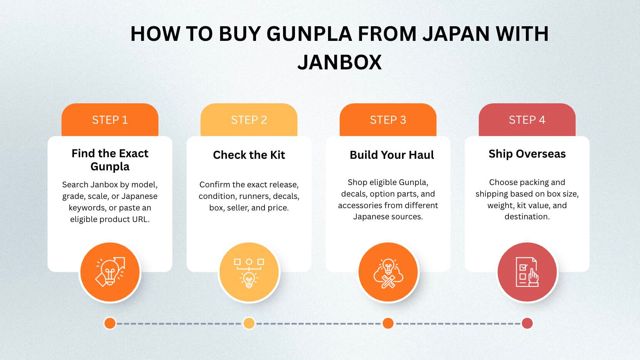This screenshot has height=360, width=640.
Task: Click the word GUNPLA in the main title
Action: (309, 34)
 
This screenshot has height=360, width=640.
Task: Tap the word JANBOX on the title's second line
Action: (339, 62)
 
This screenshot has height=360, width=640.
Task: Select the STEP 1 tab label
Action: (110, 120)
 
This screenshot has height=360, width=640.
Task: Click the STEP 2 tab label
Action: (249, 120)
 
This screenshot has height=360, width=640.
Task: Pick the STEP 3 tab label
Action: (388, 120)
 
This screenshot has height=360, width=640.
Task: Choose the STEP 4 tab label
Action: (527, 120)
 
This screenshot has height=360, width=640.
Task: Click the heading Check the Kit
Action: (249, 155)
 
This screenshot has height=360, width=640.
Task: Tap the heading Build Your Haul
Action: (392, 155)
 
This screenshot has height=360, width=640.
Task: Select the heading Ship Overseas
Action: (527, 154)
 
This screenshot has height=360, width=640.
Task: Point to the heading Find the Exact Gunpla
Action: (110, 160)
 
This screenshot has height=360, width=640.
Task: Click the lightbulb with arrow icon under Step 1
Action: (110, 272)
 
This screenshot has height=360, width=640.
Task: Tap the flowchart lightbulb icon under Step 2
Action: (249, 273)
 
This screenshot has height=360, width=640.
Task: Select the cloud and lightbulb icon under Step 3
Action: (388, 273)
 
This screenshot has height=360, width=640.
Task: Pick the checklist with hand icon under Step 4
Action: (527, 272)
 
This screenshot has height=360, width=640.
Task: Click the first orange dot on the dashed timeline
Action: (110, 323)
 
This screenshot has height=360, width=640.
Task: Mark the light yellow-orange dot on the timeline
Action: (249, 323)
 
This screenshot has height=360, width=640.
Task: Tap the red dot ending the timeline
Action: (527, 323)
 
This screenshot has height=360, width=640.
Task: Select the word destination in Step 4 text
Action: (527, 217)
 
